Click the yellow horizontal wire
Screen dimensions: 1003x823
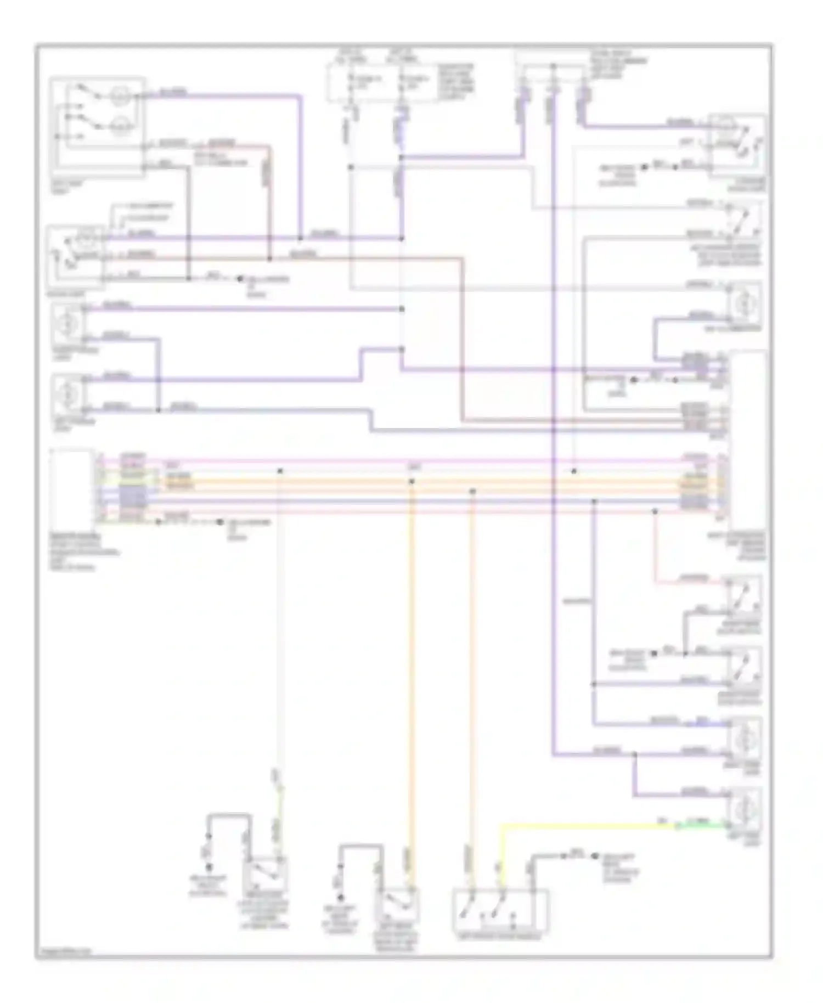582,825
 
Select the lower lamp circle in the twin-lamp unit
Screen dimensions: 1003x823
119,127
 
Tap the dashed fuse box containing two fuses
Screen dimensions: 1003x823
382,83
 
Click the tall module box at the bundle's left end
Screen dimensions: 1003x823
71,483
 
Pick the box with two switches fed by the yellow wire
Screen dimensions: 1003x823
500,910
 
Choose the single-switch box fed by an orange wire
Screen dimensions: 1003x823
397,906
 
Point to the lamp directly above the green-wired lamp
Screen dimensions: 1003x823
744,740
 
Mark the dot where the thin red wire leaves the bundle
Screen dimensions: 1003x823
655,511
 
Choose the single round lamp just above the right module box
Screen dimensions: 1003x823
744,303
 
